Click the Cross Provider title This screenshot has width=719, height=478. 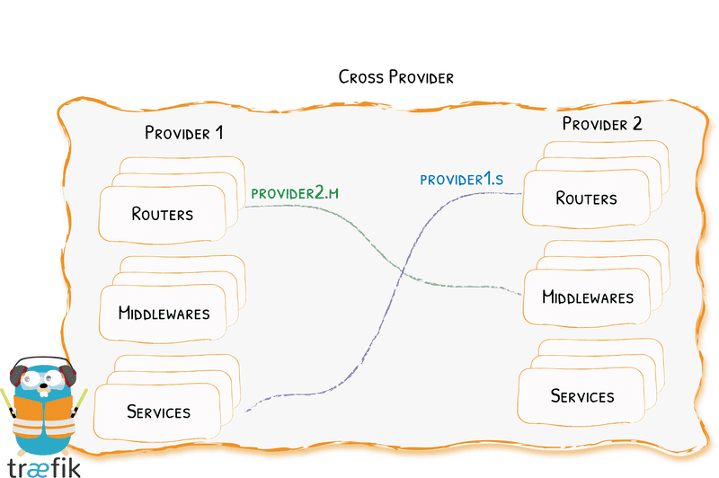point(395,76)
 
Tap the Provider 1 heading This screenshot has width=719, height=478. point(183,133)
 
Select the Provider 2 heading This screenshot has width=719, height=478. point(601,124)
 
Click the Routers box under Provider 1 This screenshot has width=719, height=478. point(163,214)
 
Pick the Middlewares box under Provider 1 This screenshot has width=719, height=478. point(164,314)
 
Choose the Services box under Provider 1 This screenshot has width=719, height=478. point(159,412)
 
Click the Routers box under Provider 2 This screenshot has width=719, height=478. point(586,198)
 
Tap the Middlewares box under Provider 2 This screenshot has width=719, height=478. point(588,297)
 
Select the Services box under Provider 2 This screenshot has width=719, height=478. point(582,395)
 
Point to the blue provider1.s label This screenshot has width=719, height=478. point(461,180)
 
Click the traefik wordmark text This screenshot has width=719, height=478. point(43,467)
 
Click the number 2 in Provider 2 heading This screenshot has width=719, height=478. point(636,124)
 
